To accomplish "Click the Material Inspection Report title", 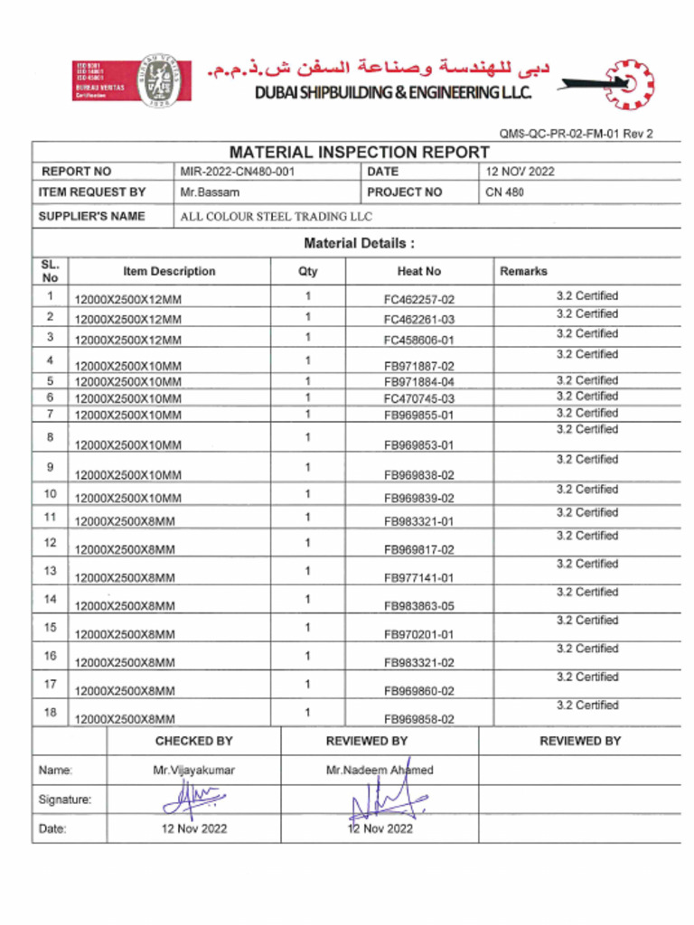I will tap(359, 152).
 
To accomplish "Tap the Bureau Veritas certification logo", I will tap(132, 81).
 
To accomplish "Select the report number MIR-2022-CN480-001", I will tap(237, 172).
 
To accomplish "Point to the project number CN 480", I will tap(504, 192).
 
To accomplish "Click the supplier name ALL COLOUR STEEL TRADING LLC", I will tap(276, 217).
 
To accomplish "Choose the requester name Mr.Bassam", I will tap(210, 192).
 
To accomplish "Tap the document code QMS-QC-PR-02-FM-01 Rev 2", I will tap(576, 134).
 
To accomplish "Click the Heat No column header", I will tap(419, 271).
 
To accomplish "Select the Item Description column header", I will tap(169, 271).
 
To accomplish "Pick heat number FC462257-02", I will tap(419, 299).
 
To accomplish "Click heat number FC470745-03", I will tap(419, 398).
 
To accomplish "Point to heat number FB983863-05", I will tap(419, 606).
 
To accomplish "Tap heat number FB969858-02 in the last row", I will tap(419, 720).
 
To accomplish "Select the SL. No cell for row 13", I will tap(50, 571).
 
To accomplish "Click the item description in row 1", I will tap(127, 299).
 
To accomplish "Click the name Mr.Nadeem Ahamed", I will tap(380, 771).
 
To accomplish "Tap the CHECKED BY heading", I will tap(193, 741).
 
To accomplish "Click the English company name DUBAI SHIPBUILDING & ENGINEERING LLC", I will tap(392, 93).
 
